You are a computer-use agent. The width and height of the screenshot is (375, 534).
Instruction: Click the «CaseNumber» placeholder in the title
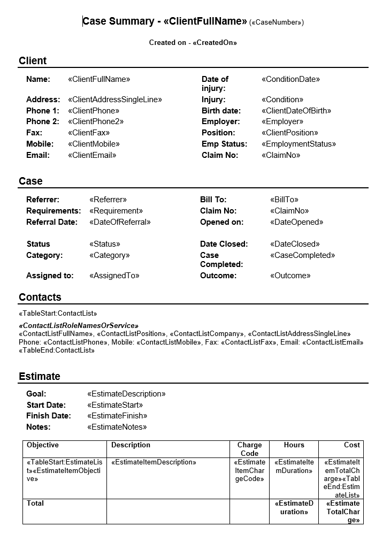pos(277,22)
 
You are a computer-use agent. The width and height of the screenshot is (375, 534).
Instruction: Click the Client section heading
pos(33,60)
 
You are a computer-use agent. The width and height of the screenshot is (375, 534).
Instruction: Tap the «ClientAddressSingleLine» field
pos(114,100)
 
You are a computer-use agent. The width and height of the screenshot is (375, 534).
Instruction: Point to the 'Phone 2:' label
pos(43,121)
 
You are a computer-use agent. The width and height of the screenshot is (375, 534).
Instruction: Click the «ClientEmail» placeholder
pos(92,155)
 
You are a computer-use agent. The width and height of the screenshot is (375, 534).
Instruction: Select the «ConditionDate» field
pos(290,79)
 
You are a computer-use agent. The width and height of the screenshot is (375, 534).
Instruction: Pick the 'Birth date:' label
pos(221,111)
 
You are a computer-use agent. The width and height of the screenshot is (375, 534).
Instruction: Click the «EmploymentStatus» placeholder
pos(299,144)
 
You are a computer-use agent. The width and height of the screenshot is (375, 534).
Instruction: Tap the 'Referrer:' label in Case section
pos(43,200)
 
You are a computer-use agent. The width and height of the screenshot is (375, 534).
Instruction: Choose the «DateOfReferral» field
pos(120,222)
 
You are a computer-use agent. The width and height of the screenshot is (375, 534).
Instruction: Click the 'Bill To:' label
pos(213,200)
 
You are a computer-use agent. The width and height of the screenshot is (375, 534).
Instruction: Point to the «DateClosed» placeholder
pos(295,244)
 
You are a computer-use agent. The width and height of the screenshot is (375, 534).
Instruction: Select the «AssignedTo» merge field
pos(114,276)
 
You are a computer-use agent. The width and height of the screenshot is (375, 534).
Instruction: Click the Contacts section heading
pos(40,297)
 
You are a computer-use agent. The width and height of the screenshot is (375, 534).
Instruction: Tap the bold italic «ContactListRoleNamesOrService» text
pos(79,325)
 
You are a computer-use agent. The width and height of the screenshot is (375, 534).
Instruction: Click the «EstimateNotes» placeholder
pos(117,427)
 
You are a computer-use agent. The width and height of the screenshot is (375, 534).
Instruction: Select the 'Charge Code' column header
pos(249,449)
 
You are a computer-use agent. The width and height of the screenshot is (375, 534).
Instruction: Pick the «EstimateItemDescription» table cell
pos(154,462)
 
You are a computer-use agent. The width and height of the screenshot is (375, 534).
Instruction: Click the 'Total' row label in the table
pos(35,504)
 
